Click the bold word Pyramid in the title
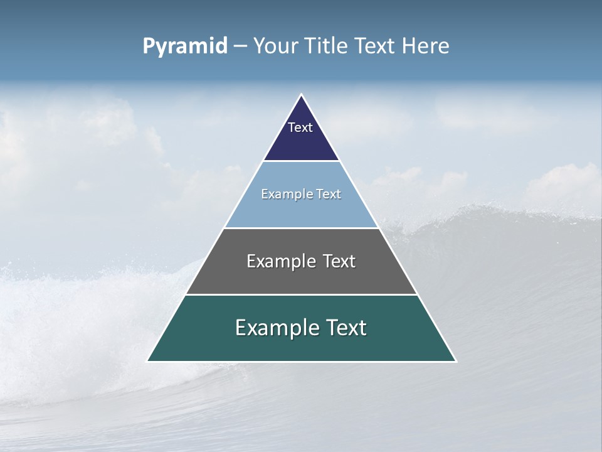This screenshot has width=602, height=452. [x=184, y=46]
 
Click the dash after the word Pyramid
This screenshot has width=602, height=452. [x=240, y=46]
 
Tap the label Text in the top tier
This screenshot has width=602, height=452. [x=300, y=127]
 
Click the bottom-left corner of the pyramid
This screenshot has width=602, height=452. [x=148, y=361]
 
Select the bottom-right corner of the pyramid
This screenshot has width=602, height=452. [x=455, y=361]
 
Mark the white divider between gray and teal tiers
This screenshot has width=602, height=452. [x=301, y=294]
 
